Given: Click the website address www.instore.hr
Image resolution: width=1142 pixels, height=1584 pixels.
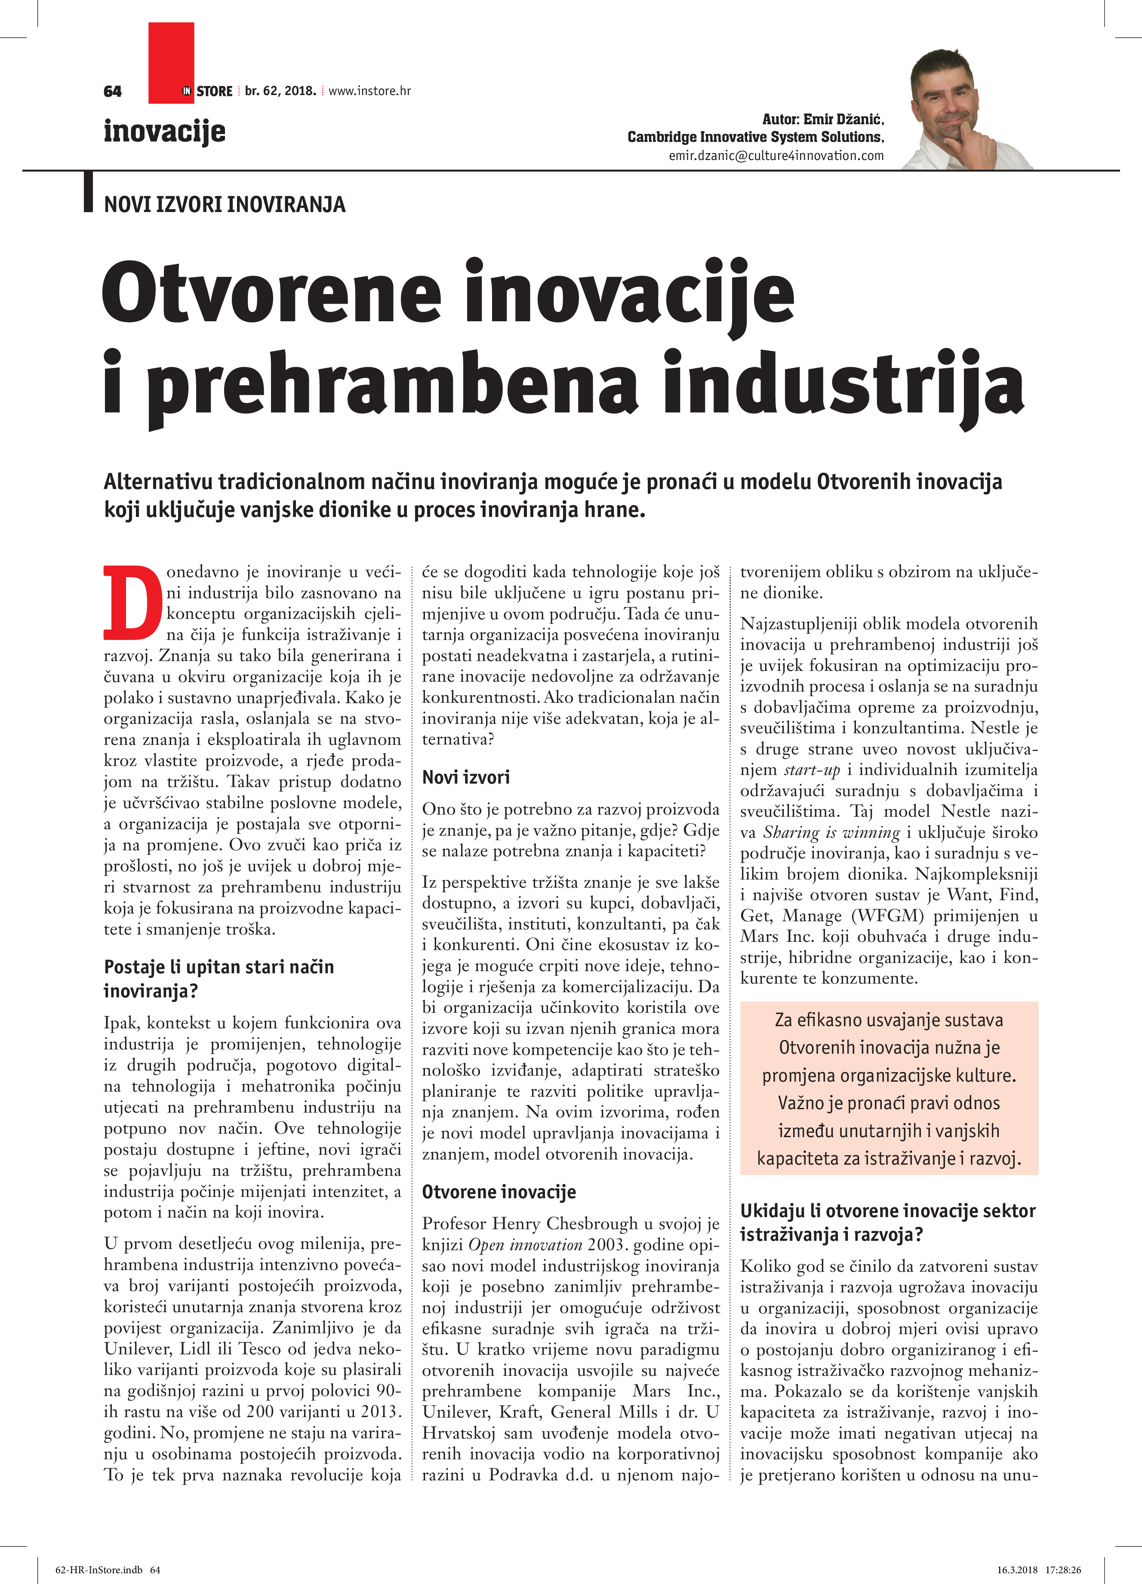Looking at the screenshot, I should point(369,91).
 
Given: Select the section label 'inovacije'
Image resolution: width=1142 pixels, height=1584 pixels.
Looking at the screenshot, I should point(164,131).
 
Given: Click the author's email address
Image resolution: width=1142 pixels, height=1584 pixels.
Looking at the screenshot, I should point(776,156).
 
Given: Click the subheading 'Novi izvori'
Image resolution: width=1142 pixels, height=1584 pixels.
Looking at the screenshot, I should point(466,777).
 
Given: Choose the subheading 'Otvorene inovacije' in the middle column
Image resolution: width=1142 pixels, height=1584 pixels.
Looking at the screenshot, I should point(499,1191).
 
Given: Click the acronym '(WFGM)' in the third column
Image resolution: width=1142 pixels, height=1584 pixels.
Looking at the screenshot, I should point(887,916).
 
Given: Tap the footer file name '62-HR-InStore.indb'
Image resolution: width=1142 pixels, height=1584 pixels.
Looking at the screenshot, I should point(99,1569).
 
